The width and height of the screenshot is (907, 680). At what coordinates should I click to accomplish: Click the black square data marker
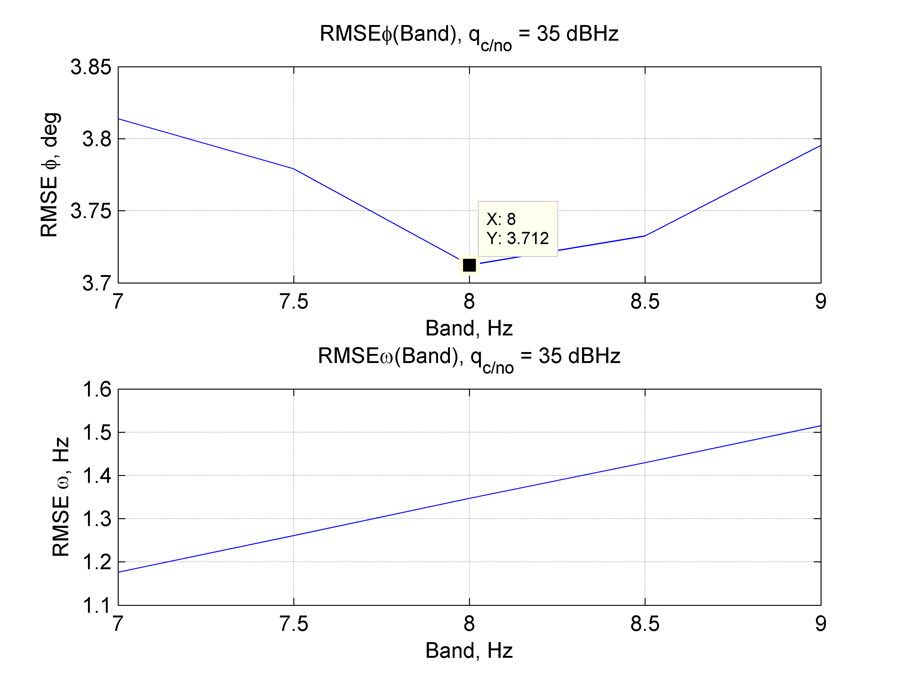469,265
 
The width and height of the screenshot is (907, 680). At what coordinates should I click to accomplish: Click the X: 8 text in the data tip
501,219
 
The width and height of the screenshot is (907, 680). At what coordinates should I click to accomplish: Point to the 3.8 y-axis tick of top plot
97,139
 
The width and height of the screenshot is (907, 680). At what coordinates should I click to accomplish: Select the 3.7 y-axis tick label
97,283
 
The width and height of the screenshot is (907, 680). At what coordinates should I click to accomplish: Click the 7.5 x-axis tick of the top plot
294,302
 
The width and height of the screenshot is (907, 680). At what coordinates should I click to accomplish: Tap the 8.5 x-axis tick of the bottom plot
645,624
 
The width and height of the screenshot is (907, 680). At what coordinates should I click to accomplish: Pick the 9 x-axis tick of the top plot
821,302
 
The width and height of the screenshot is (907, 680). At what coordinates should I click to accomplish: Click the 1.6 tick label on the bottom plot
97,389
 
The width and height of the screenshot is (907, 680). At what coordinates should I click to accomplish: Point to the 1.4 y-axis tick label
97,476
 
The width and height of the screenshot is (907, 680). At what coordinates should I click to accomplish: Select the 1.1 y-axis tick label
97,606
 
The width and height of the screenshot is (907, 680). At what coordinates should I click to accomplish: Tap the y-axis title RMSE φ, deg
50,175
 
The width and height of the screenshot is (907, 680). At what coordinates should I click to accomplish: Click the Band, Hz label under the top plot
469,328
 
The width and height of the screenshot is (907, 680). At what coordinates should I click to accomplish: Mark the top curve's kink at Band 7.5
294,168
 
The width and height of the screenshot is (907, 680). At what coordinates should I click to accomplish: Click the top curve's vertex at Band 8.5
645,236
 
